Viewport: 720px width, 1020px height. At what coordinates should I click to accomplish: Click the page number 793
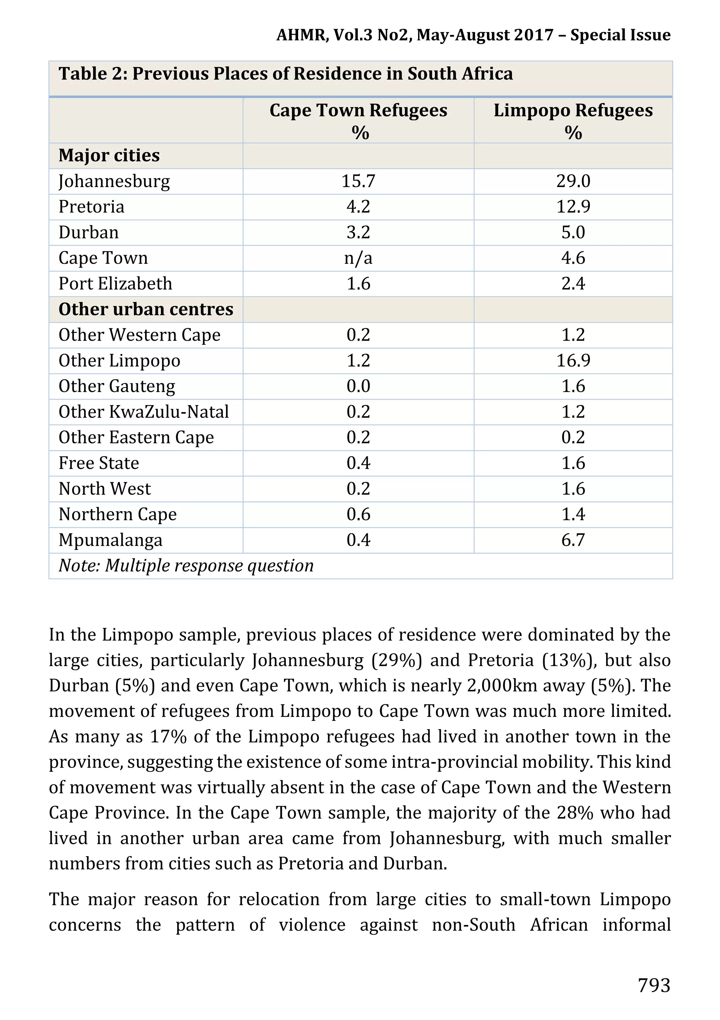point(654,985)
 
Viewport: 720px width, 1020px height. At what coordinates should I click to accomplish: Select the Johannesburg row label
point(114,181)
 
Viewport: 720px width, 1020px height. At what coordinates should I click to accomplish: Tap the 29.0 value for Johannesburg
point(573,181)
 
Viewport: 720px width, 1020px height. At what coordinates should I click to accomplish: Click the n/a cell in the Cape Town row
point(358,258)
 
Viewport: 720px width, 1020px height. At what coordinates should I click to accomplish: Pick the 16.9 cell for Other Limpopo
point(573,360)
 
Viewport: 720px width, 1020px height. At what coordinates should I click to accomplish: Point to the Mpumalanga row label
point(111,540)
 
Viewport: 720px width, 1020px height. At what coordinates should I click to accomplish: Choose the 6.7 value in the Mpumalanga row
point(573,540)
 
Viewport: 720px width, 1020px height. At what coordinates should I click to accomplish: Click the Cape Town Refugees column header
point(358,121)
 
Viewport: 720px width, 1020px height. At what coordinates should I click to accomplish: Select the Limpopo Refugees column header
point(573,121)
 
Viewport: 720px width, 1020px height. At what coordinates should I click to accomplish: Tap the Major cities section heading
point(109,155)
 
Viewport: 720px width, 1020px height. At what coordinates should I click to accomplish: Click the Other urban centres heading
point(146,309)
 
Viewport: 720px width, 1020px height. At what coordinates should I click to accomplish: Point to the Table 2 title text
point(285,74)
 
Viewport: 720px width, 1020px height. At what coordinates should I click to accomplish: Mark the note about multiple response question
point(186,565)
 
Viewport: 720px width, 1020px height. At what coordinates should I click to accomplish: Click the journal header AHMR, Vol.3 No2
point(473,35)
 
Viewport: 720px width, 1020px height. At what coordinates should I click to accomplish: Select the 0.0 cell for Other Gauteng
point(358,386)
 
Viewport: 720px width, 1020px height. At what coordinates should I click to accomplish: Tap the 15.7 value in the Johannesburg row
point(358,181)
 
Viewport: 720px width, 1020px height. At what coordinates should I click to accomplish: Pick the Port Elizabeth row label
point(115,284)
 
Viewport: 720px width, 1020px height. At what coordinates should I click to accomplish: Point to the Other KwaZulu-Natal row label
point(143,412)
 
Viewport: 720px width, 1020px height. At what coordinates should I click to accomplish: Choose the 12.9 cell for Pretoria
point(573,207)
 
